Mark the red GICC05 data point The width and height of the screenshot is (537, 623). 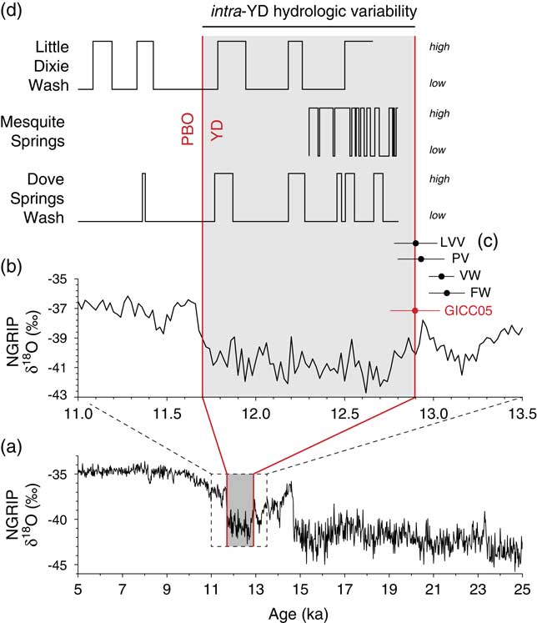415,310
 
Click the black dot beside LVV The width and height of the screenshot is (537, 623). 415,243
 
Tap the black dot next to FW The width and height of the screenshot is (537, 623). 447,293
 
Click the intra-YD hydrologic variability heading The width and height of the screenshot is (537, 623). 309,12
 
